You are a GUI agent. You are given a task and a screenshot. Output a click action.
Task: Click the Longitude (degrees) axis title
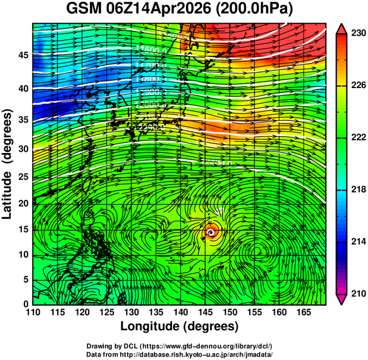point(179,326)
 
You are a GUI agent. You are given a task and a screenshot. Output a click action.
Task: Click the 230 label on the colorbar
point(357,34)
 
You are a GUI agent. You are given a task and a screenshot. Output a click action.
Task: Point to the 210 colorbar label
point(357,293)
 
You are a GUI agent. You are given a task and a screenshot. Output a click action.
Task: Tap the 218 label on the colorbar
point(357,190)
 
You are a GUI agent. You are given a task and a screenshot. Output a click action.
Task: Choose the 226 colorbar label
point(357,86)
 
